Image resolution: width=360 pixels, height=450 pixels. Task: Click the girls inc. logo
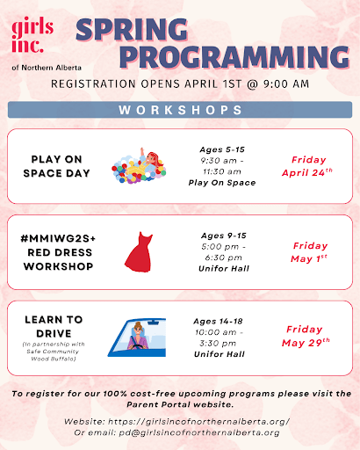coord(32,35)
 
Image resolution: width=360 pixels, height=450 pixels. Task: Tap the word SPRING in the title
coord(132,30)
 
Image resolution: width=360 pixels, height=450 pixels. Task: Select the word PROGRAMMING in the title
coord(234,57)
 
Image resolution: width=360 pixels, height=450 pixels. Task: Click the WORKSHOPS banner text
coord(180,110)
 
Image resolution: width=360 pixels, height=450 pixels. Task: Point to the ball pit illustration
coord(139,165)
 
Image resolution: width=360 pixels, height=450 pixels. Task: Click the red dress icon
coord(139,252)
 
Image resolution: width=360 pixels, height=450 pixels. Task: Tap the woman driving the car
coord(138,337)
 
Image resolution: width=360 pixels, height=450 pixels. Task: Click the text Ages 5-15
coord(222,149)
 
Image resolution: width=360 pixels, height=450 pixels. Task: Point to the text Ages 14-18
coord(218,322)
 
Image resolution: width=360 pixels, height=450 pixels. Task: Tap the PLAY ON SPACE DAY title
coord(56,166)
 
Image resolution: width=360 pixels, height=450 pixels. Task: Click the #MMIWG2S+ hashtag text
coord(58,238)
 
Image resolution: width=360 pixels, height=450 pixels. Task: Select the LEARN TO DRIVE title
coord(54,326)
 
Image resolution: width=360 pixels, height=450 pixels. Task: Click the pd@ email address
coord(199,432)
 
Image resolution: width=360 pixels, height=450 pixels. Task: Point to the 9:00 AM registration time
coord(286,84)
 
